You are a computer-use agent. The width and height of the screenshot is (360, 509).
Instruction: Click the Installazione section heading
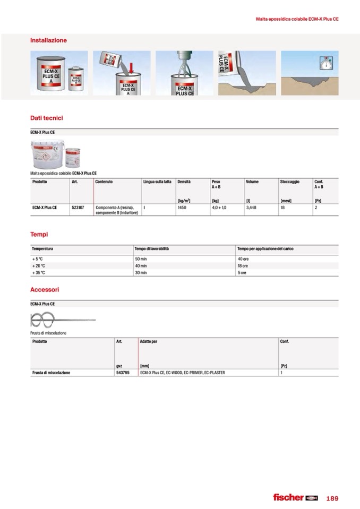click(48, 40)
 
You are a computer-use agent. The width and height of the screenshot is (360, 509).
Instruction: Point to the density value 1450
click(182, 208)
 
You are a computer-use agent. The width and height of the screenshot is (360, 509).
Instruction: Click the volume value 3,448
click(251, 208)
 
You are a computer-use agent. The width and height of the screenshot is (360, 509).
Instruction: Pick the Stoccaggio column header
click(289, 182)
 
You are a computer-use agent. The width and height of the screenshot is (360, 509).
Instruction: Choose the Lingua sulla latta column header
click(157, 182)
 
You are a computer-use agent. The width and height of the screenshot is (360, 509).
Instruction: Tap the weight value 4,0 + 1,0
click(219, 208)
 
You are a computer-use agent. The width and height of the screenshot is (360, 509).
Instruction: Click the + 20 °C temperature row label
click(39, 265)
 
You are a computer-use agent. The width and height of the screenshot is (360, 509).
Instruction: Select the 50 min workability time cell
click(141, 258)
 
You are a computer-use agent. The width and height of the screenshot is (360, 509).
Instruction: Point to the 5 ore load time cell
click(242, 272)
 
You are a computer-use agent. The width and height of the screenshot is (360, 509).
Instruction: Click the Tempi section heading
click(39, 234)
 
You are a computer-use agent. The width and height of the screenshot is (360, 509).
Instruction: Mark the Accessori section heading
click(45, 290)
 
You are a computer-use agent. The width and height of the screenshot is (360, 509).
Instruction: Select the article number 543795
click(123, 373)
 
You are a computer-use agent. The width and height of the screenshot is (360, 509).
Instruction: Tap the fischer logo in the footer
click(295, 497)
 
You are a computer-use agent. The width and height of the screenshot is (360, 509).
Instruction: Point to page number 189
click(332, 498)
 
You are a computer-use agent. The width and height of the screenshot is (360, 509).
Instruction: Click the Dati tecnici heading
click(47, 118)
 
